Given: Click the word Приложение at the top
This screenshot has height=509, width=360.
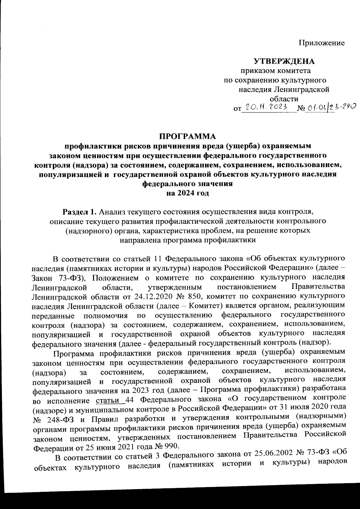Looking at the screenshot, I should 321,43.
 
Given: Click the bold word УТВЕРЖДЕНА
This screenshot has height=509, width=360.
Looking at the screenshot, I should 284,62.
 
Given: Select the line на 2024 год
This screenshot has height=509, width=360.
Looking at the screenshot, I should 187,193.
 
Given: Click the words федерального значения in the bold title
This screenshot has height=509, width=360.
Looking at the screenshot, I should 187,184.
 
